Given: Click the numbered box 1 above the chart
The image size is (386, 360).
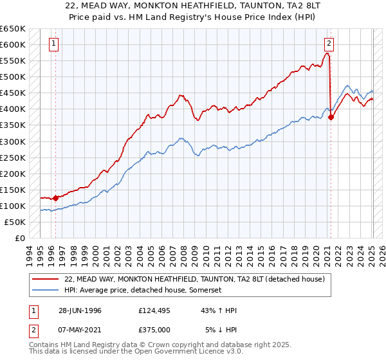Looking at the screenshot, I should pyautogui.click(x=53, y=44).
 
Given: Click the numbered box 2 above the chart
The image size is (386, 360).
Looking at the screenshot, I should pyautogui.click(x=329, y=44).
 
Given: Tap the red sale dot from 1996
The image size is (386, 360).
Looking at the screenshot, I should pyautogui.click(x=55, y=198).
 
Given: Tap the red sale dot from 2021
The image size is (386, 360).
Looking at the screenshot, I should pyautogui.click(x=331, y=117).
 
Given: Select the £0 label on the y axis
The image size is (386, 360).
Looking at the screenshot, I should pyautogui.click(x=19, y=238).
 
